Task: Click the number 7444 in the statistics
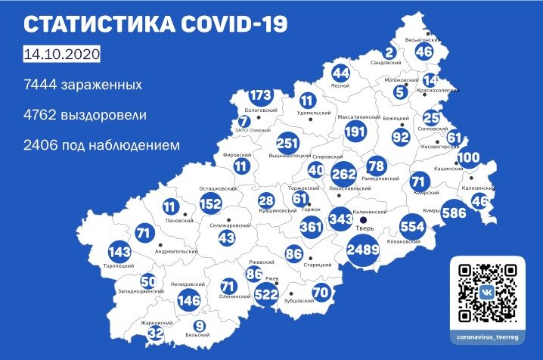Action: click(x=40, y=85)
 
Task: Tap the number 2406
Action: click(x=40, y=144)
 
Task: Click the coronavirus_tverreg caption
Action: click(x=490, y=334)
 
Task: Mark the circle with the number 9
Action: click(x=197, y=326)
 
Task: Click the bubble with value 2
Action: click(x=390, y=53)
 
